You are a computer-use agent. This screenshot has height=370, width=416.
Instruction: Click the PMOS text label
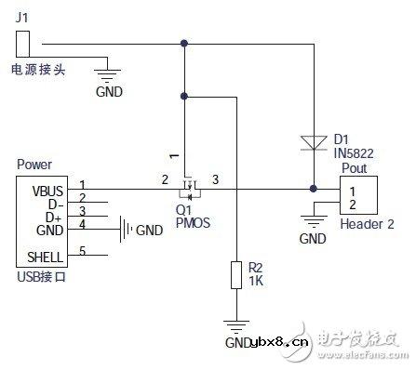pos(192,222)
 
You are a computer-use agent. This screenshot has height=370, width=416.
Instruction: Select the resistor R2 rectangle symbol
pos(237,276)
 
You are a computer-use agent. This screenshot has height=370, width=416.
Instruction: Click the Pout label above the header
pos(355,168)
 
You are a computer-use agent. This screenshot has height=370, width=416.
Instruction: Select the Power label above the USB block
pos(34,165)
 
